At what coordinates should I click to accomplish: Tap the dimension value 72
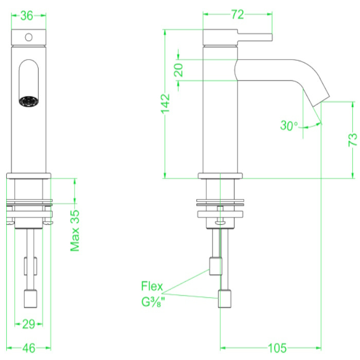coord(237,15)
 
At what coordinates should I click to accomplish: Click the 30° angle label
coord(289,125)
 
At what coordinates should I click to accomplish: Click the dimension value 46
coord(29,348)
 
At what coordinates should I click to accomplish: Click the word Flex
coord(152,286)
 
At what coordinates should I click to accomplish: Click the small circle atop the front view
coord(29,37)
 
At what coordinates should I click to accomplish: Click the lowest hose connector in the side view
coord(225,299)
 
